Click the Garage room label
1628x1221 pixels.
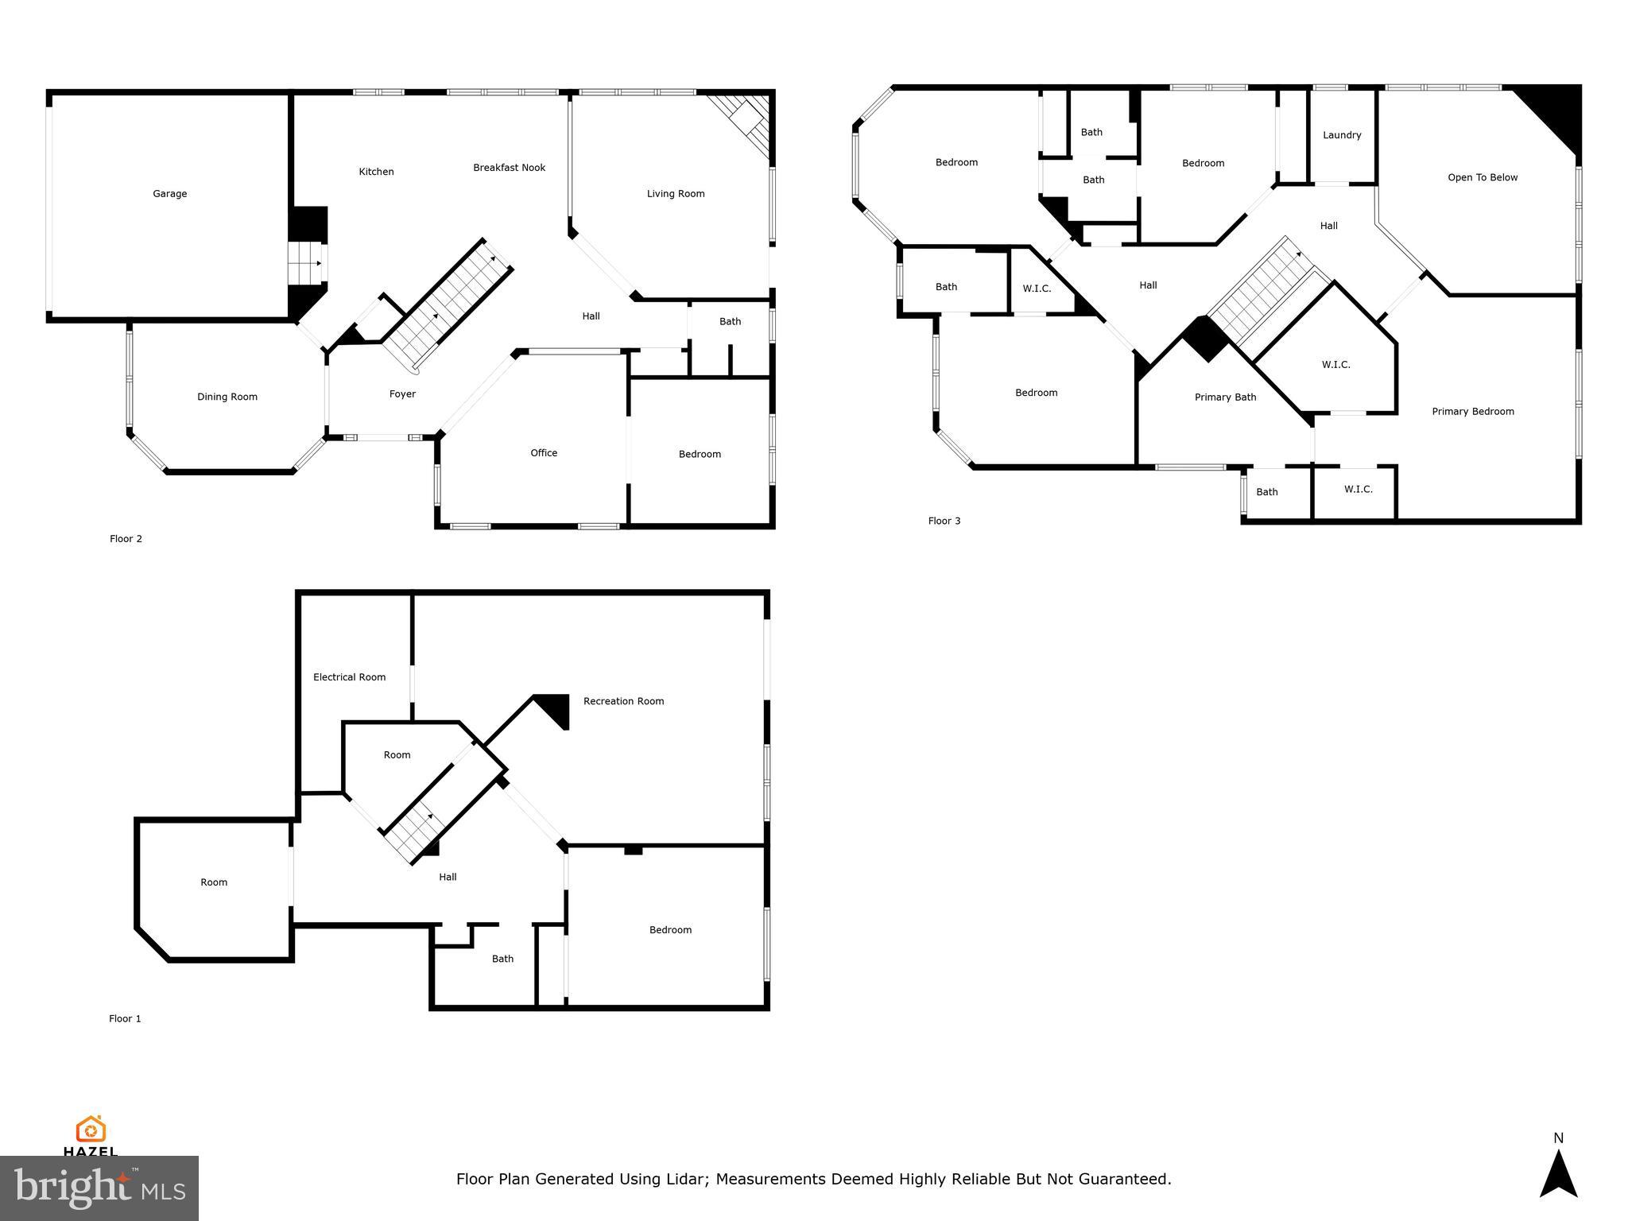169,194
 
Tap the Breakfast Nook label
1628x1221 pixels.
509,168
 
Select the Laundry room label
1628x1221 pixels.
1342,135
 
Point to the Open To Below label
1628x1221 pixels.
1483,177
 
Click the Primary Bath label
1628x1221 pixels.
1225,397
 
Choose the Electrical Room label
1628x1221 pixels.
349,677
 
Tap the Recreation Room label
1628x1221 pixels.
623,701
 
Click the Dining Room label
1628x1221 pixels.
227,397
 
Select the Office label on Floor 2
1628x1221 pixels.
544,453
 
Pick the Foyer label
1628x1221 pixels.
402,394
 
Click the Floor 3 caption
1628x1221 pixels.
944,521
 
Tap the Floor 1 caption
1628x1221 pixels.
125,1019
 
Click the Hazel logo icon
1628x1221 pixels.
91,1129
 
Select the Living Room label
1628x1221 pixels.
675,194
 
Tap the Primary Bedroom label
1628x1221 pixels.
1472,412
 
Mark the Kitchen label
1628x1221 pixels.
376,172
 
